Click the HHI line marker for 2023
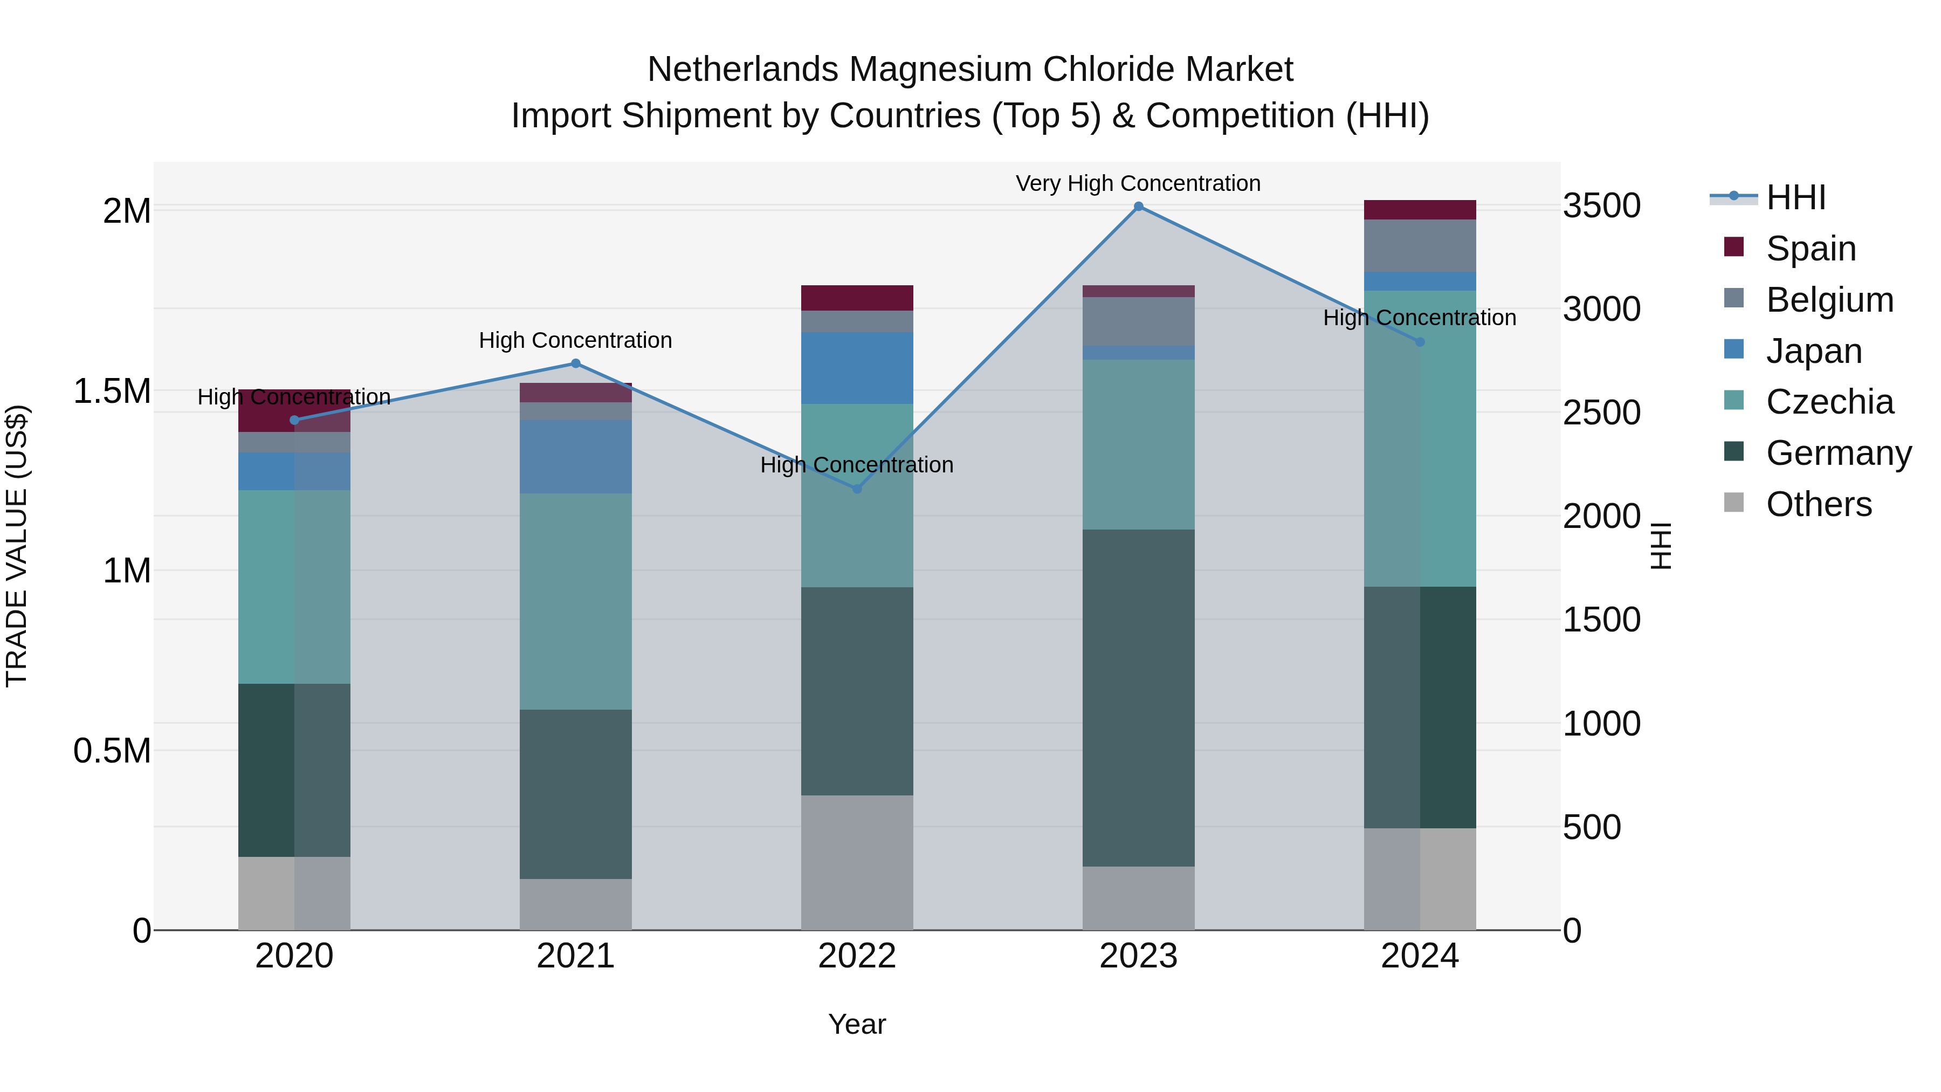click(1139, 207)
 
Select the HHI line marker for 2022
click(857, 489)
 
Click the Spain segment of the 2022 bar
click(857, 298)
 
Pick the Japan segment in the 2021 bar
click(576, 457)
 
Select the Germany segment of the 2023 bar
click(1139, 697)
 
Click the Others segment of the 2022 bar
click(857, 862)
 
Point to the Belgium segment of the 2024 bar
click(1420, 246)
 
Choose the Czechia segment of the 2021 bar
click(576, 601)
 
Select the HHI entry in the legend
click(1795, 197)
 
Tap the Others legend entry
click(1818, 504)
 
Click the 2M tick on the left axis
click(127, 211)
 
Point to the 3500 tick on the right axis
click(1601, 206)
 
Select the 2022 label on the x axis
click(857, 956)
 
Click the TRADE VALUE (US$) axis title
click(17, 546)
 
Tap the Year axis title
click(857, 1024)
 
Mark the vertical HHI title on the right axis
click(1660, 546)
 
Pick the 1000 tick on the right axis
click(1601, 724)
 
